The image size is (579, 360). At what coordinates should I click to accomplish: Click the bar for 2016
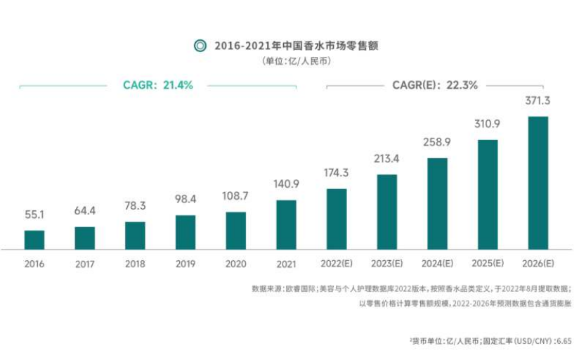click(34, 240)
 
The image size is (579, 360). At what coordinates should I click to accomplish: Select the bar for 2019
click(186, 232)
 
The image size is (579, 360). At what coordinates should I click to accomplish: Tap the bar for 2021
click(286, 224)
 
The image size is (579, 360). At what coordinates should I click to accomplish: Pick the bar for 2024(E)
click(437, 203)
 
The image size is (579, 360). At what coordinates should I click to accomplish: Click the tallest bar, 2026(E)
click(538, 183)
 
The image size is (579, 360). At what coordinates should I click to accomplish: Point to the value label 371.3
click(538, 101)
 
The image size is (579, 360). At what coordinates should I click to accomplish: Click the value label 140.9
click(286, 184)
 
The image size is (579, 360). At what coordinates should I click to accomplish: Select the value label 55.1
click(34, 214)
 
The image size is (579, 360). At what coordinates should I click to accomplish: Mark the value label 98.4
click(186, 200)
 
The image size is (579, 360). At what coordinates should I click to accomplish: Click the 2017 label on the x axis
click(84, 264)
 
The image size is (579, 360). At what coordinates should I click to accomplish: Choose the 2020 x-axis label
click(235, 264)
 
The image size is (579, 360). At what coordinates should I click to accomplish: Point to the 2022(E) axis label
click(337, 264)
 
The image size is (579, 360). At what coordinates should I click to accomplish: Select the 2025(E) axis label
click(488, 264)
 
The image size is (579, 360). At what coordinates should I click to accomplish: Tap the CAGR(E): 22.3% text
click(434, 85)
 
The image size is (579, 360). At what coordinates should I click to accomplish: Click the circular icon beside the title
click(200, 46)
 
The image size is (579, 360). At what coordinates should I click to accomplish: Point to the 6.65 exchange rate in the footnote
click(563, 340)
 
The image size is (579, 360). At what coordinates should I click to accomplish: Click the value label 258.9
click(437, 142)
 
